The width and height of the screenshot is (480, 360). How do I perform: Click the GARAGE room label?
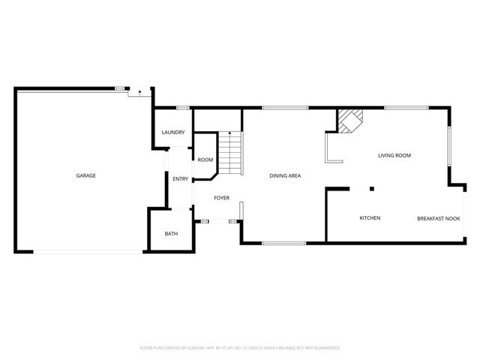coord(85,175)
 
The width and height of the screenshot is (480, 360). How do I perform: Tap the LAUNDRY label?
coord(173,133)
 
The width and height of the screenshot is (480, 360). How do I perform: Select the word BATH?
coord(171,234)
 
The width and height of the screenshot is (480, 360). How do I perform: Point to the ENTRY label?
coord(180,178)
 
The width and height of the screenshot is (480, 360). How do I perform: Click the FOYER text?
coord(221,198)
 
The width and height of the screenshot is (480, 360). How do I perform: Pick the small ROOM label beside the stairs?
coord(205,160)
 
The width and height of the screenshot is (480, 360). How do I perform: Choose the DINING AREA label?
coord(285,175)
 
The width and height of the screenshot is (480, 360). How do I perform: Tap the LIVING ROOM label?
coord(394,155)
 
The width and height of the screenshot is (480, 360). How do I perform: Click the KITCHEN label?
coord(370,218)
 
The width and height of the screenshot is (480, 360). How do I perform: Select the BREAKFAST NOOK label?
coord(438,218)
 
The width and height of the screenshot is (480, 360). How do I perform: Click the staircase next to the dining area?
coord(231,153)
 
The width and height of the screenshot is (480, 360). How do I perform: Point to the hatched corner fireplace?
coord(349,121)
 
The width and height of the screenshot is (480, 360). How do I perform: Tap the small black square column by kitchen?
coord(371,188)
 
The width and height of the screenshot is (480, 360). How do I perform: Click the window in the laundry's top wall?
coord(182,109)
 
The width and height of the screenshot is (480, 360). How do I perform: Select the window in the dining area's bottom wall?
coord(283,243)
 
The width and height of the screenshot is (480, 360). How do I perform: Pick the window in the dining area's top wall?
coord(285,109)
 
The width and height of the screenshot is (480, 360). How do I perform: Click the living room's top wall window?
coord(406,109)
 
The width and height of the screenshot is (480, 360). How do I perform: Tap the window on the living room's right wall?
coord(449,145)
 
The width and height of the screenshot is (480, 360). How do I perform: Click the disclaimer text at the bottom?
coord(240,348)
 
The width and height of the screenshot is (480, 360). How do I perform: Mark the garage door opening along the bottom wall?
coord(86,251)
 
